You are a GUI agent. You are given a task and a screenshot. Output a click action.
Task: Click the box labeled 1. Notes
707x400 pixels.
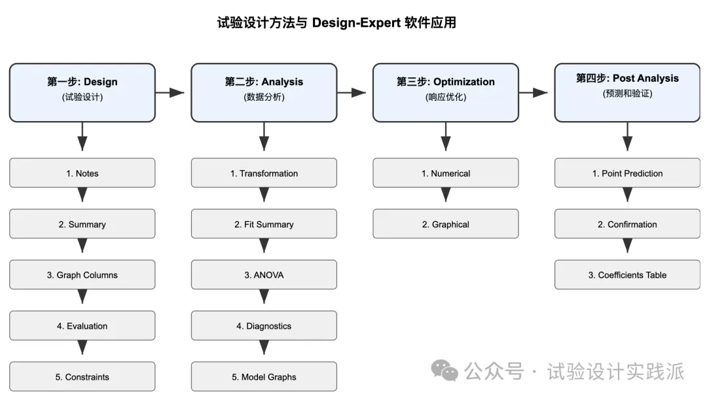pyautogui.click(x=82, y=173)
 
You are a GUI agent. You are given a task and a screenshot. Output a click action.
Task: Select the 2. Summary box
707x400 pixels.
pyautogui.click(x=82, y=224)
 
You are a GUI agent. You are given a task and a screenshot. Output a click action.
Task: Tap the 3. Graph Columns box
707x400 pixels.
pyautogui.click(x=82, y=275)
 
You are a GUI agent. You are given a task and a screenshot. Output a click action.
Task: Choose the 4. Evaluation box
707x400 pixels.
pyautogui.click(x=82, y=325)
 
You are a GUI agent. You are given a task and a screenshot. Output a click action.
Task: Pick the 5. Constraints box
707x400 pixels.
pyautogui.click(x=82, y=376)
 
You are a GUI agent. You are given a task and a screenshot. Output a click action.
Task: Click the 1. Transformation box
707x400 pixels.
pyautogui.click(x=264, y=173)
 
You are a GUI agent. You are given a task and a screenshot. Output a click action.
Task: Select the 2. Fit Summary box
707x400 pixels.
pyautogui.click(x=264, y=224)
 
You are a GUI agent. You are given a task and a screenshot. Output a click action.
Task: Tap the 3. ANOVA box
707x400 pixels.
pyautogui.click(x=264, y=275)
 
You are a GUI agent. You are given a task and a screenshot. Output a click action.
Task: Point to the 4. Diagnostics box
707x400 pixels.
pyautogui.click(x=264, y=325)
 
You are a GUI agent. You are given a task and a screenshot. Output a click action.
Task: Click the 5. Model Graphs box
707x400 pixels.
pyautogui.click(x=264, y=376)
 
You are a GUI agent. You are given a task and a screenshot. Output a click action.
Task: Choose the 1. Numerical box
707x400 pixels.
pyautogui.click(x=446, y=173)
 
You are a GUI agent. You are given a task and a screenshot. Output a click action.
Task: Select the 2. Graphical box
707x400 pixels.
pyautogui.click(x=446, y=224)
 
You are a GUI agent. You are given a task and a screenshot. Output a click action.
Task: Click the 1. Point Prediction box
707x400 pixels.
pyautogui.click(x=627, y=173)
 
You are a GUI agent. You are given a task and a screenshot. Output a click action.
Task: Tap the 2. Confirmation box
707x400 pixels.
pyautogui.click(x=627, y=224)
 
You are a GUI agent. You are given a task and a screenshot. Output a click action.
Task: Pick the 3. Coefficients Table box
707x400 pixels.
pyautogui.click(x=627, y=275)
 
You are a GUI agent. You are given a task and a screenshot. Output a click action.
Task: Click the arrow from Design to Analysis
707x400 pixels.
pyautogui.click(x=170, y=93)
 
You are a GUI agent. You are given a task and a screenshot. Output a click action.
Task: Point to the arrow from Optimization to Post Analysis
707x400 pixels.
pyautogui.click(x=534, y=93)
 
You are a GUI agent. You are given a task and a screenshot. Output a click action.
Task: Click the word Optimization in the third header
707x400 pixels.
pyautogui.click(x=464, y=82)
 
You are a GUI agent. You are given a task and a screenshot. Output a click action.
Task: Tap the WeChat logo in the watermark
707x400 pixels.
pyautogui.click(x=444, y=371)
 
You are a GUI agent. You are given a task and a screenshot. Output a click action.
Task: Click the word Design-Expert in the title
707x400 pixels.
pyautogui.click(x=356, y=22)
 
